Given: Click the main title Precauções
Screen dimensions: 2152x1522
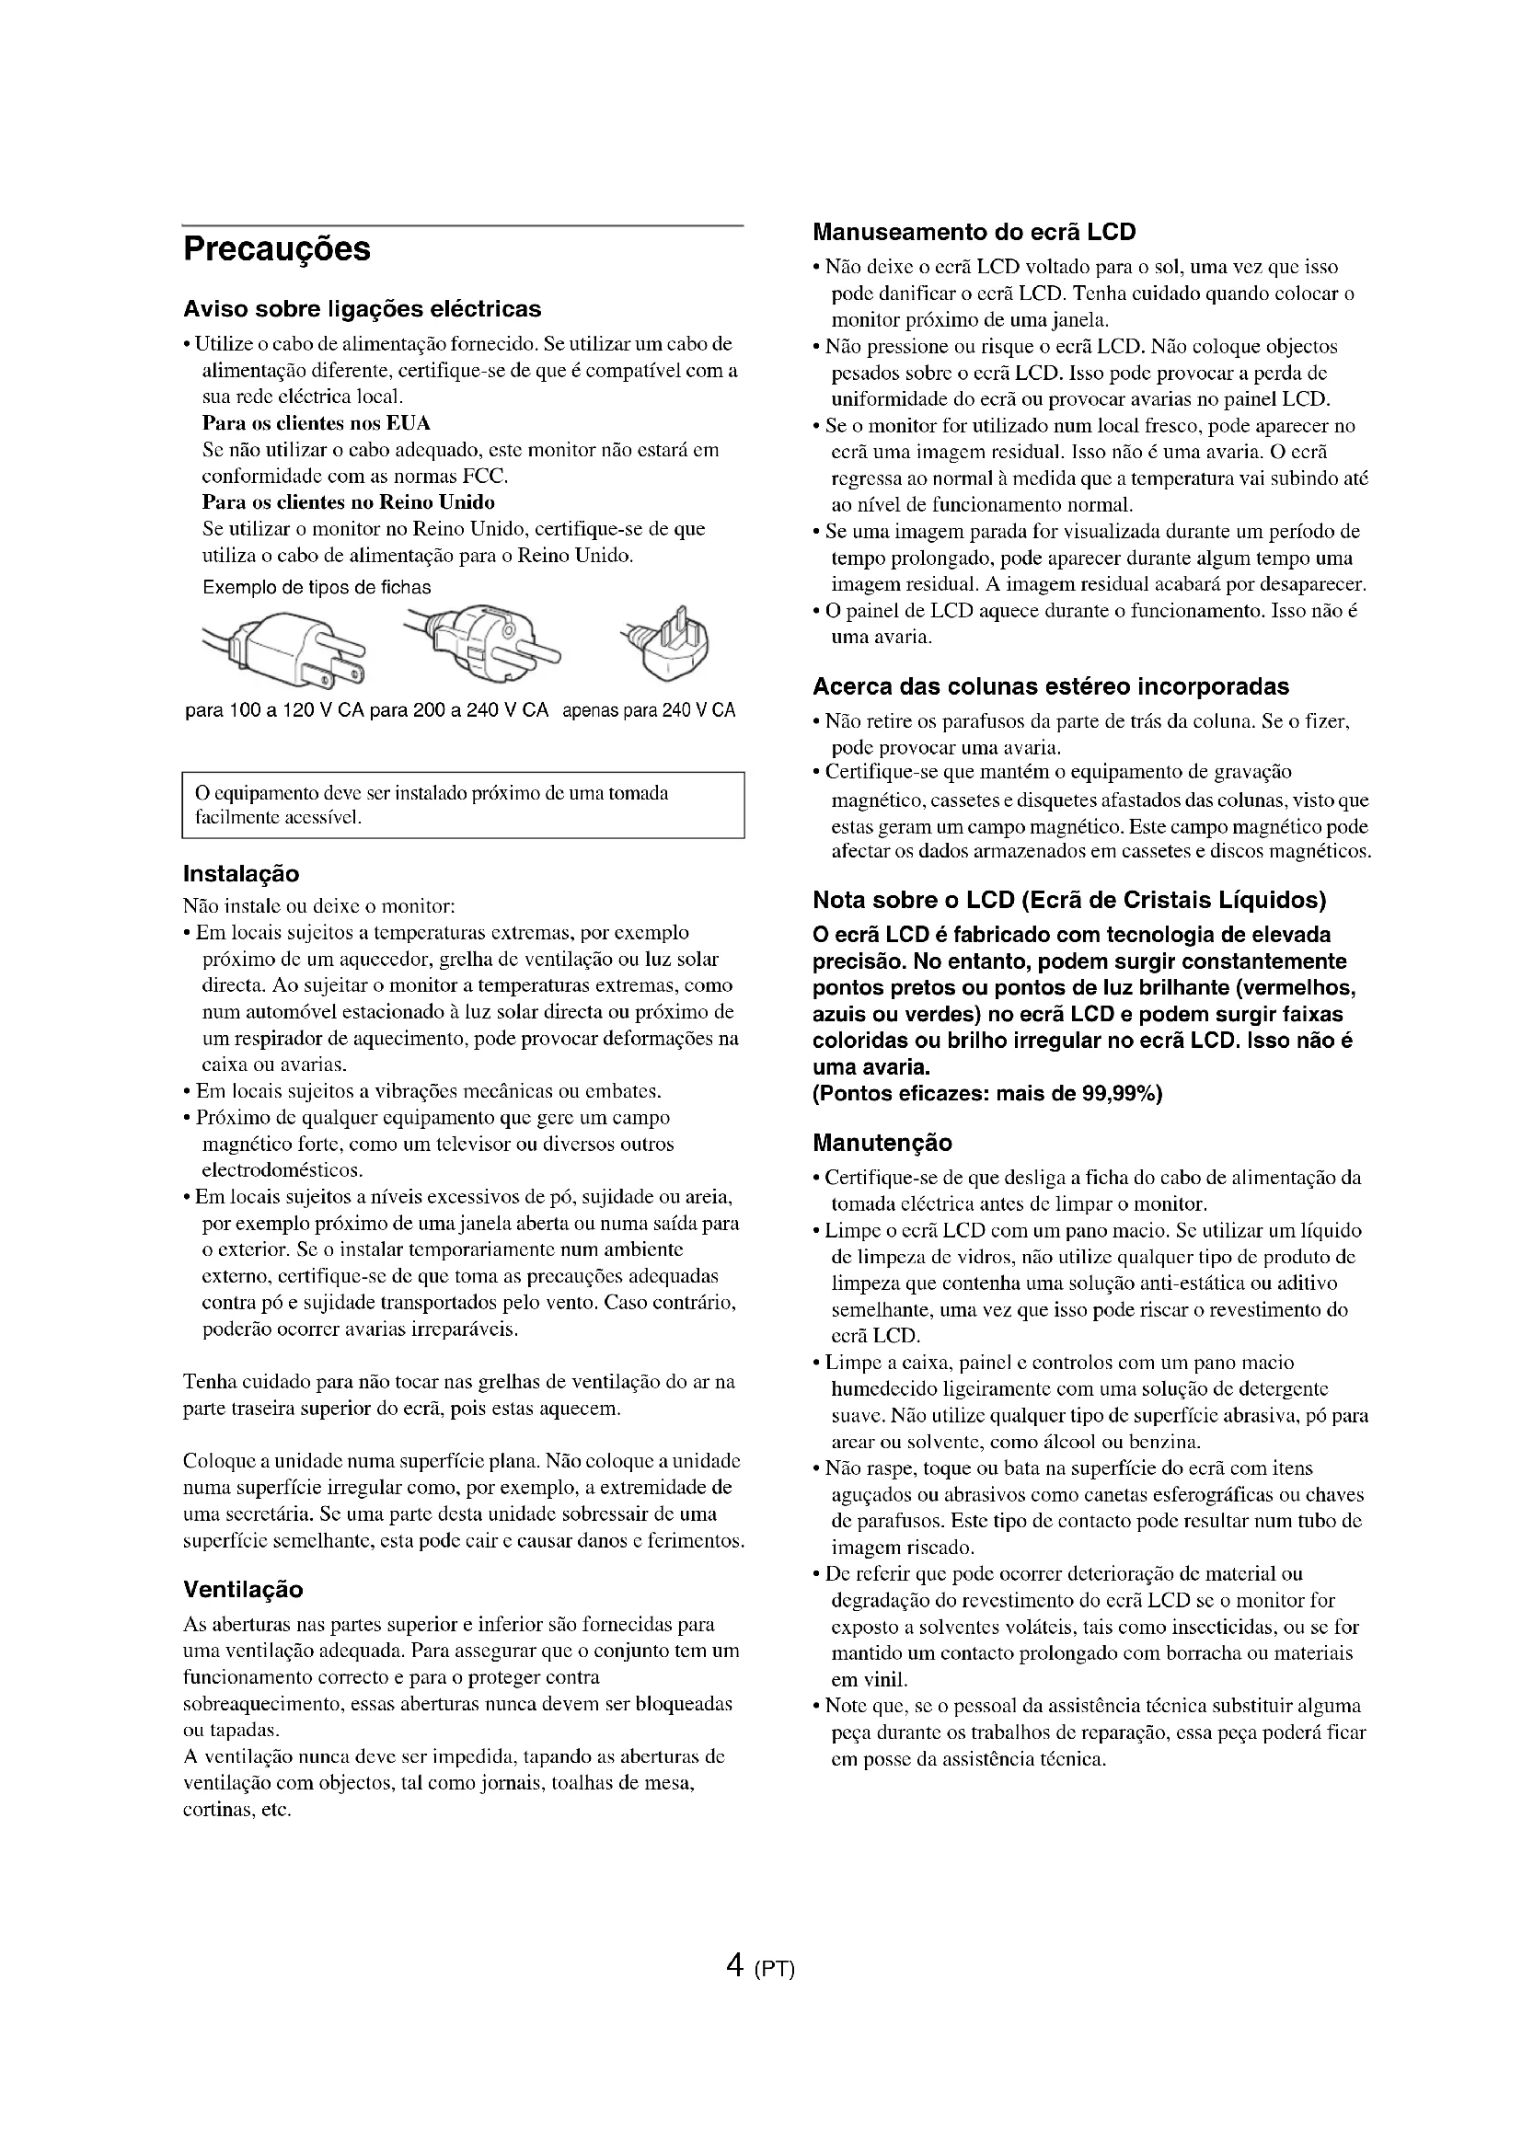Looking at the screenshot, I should pyautogui.click(x=276, y=249).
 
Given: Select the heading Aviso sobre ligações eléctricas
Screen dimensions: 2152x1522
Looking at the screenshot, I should pyautogui.click(x=362, y=308).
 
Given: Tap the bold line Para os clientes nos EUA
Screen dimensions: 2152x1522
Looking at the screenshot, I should pyautogui.click(x=316, y=422).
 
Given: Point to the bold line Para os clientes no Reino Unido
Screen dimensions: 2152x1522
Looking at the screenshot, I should pyautogui.click(x=349, y=501).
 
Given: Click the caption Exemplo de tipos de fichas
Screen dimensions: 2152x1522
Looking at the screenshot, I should pyautogui.click(x=317, y=588).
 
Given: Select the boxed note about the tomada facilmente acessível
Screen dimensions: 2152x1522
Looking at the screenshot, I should pyautogui.click(x=462, y=805).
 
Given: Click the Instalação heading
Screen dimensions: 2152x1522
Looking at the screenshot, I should pyautogui.click(x=241, y=873).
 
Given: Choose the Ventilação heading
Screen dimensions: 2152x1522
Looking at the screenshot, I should pyautogui.click(x=243, y=1590).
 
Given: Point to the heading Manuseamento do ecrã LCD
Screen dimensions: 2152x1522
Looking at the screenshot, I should pyautogui.click(x=974, y=232).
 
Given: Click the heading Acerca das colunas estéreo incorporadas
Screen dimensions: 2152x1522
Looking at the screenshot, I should pyautogui.click(x=1051, y=686).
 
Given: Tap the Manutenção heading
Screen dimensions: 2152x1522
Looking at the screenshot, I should pyautogui.click(x=882, y=1143).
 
